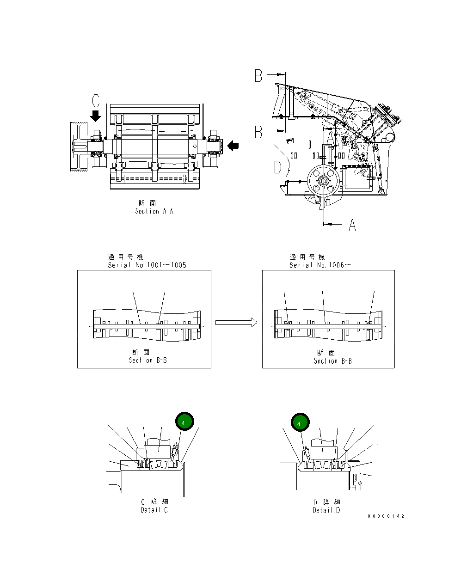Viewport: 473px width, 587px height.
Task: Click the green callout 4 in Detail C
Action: (184, 422)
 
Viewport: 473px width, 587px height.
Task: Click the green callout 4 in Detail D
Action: (300, 423)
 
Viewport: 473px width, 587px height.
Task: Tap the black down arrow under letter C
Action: (95, 116)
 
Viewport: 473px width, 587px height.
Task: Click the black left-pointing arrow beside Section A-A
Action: (233, 145)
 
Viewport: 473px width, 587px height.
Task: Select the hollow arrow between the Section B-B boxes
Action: (236, 322)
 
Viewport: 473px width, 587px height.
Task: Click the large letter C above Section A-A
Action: (95, 101)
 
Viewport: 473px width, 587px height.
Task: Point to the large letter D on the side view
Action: (278, 167)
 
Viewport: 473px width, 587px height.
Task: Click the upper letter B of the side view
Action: (259, 76)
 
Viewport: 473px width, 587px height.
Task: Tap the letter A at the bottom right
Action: (352, 225)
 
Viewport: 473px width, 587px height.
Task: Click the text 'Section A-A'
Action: (154, 211)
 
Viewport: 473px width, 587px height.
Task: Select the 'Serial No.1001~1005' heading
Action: (147, 265)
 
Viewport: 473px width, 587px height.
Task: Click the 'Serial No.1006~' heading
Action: (320, 265)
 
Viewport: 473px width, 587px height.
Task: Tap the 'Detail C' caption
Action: (154, 510)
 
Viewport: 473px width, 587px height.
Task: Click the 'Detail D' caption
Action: (326, 510)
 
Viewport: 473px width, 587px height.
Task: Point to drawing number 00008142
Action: (386, 516)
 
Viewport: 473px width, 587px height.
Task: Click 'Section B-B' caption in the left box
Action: (147, 360)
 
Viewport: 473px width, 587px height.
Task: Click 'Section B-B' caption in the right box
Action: (332, 361)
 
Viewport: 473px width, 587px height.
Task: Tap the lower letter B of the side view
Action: (259, 132)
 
